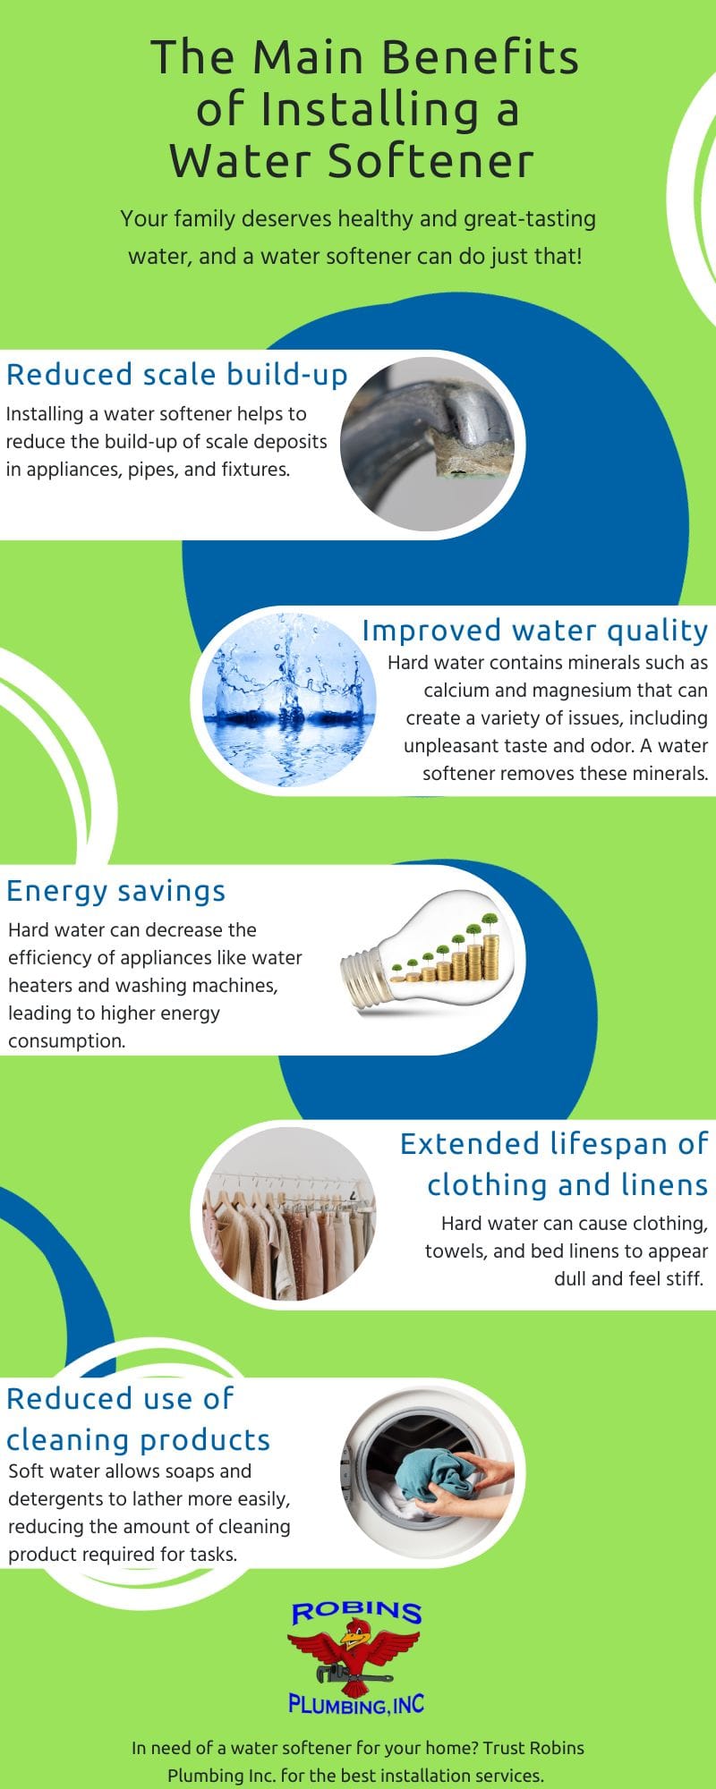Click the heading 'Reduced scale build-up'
(x=177, y=375)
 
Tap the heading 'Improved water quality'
(x=535, y=631)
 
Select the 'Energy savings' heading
(x=116, y=891)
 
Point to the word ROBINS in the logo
(x=356, y=1612)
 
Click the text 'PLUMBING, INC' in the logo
(x=356, y=1704)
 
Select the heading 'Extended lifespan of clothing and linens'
(x=554, y=1165)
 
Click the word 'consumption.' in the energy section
(x=67, y=1041)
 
